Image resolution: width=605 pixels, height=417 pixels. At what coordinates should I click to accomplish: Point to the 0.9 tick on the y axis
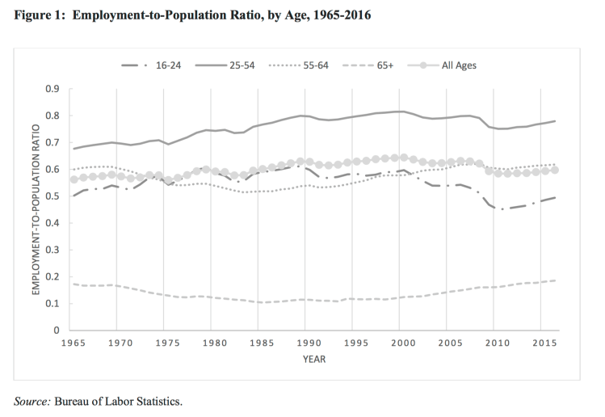(57, 88)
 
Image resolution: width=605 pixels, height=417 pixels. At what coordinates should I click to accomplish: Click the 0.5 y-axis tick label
(57, 196)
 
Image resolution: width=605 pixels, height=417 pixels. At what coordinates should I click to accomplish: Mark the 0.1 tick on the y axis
(57, 304)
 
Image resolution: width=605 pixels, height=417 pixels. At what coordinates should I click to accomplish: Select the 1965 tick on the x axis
(75, 343)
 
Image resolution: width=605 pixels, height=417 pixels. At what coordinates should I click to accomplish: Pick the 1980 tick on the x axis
(213, 343)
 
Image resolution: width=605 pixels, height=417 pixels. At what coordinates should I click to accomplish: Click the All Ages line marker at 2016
(555, 170)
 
